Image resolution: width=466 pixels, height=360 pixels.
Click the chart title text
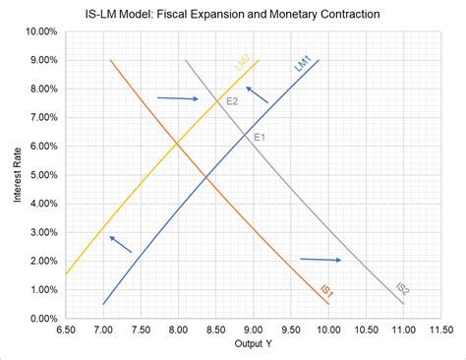click(x=232, y=15)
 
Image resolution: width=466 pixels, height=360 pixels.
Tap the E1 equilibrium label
click(x=260, y=137)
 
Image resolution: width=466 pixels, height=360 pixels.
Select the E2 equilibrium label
click(x=232, y=101)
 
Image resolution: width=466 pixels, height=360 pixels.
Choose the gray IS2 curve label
click(x=402, y=291)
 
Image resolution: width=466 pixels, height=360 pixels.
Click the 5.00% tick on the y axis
click(x=40, y=175)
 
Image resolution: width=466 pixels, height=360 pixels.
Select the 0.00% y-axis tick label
click(x=40, y=319)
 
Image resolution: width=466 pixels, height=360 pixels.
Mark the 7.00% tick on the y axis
click(x=40, y=118)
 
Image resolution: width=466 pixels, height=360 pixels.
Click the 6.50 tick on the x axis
click(x=65, y=330)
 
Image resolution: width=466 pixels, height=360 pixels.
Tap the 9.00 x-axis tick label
click(x=253, y=330)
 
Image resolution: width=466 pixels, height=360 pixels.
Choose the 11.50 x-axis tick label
click(x=440, y=330)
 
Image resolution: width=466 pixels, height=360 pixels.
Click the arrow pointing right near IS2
click(x=320, y=260)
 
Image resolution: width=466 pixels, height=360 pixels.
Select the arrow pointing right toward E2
click(x=178, y=98)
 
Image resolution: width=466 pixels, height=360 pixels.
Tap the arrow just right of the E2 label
click(x=257, y=95)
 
